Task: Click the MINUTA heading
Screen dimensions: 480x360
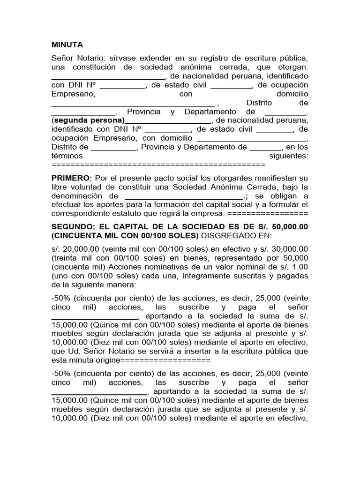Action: [x=67, y=45]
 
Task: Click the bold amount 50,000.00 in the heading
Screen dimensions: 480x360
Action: [x=288, y=226]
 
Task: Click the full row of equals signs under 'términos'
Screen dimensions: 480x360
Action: [x=158, y=165]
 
